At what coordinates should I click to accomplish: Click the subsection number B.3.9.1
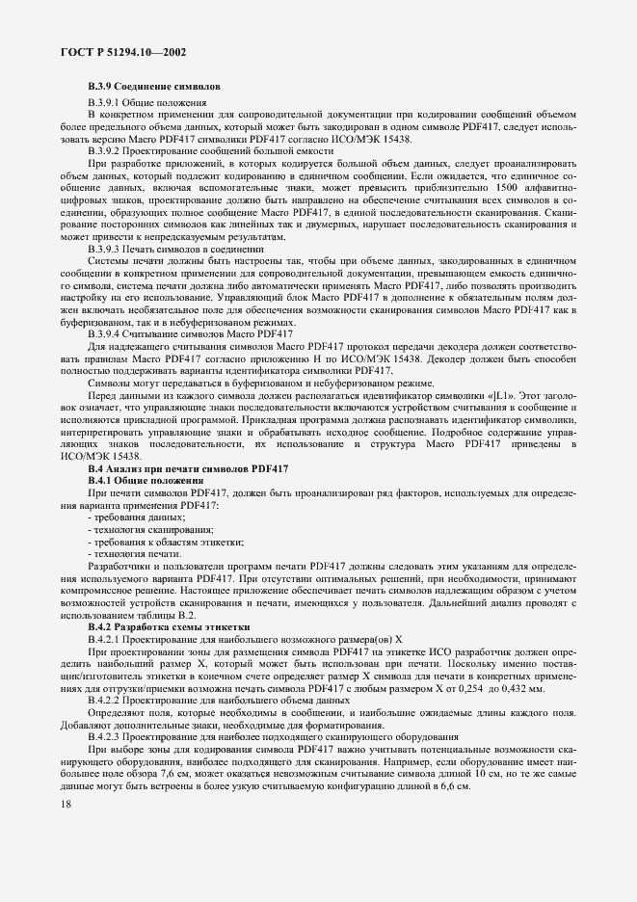pos(103,101)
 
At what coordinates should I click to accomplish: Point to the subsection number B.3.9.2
pos(103,151)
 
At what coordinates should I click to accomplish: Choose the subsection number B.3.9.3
pos(103,250)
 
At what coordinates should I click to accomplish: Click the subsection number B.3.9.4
pos(103,333)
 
